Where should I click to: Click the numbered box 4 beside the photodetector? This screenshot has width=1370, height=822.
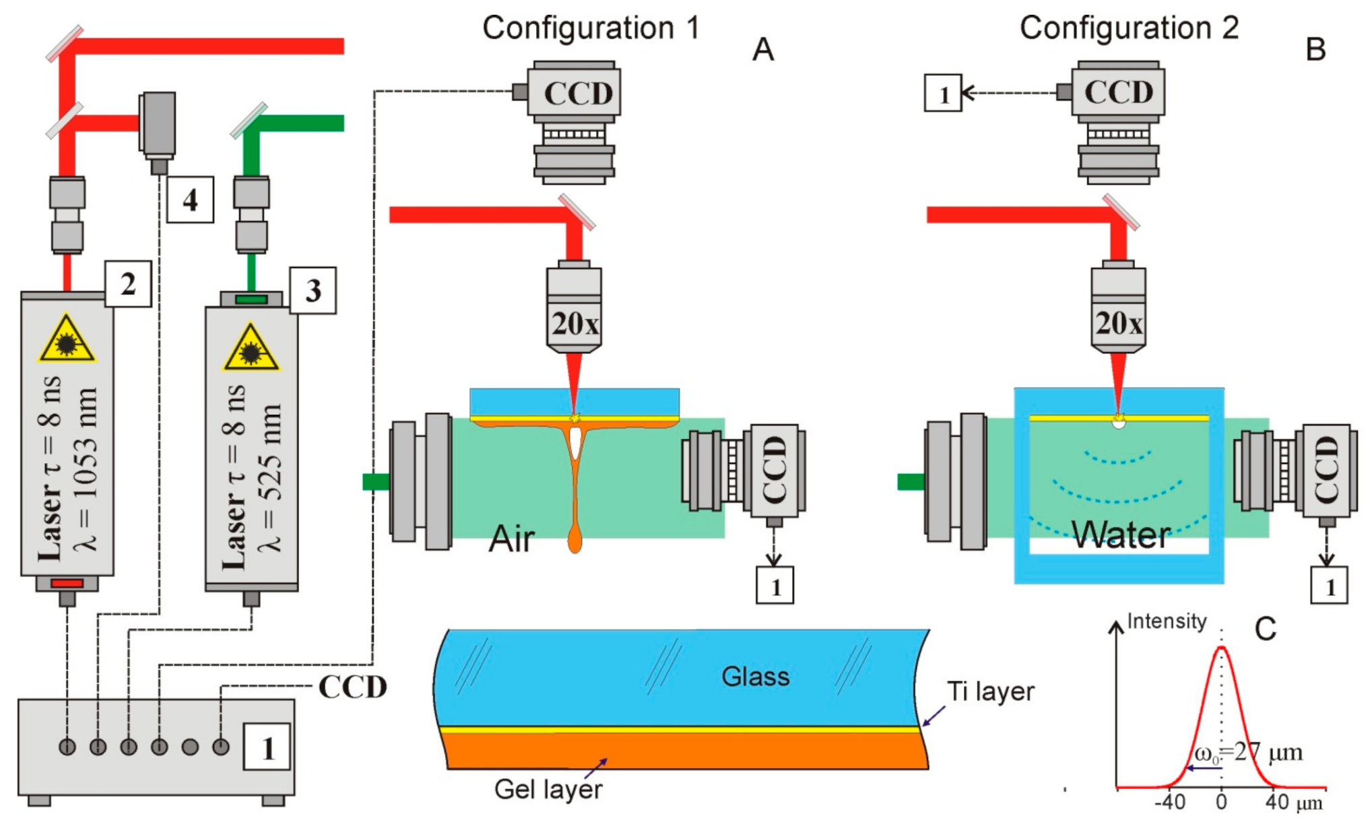[190, 200]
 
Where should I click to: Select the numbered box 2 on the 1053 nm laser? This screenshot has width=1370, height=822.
[128, 284]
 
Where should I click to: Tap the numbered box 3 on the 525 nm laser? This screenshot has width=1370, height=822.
[313, 291]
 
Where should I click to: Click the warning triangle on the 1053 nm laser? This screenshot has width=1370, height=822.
[67, 341]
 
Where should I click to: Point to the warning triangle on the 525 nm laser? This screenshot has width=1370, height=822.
[251, 349]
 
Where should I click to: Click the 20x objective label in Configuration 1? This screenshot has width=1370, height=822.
[574, 324]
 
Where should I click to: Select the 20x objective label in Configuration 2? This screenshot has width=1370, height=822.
[1118, 324]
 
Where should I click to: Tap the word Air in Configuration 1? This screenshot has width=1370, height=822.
[511, 539]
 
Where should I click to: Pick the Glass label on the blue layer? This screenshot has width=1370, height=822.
[755, 677]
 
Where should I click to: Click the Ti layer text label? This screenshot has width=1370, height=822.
[990, 691]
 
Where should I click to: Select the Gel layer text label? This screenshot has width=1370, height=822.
[548, 789]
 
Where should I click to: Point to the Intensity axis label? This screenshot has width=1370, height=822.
[1167, 621]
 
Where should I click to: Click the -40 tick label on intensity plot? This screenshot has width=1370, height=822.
[1170, 802]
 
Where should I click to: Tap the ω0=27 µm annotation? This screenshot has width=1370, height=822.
[1247, 753]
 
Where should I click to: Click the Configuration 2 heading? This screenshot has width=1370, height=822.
[1129, 28]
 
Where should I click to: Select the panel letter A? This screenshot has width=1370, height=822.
[763, 50]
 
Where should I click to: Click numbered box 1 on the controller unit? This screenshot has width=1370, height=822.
[267, 747]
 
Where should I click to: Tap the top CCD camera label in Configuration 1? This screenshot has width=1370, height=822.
[578, 94]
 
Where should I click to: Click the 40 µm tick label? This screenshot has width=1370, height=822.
[1293, 802]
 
